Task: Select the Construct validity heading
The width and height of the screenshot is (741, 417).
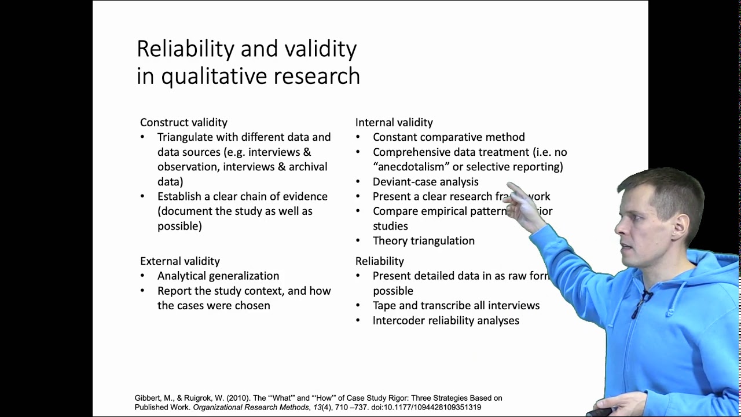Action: click(184, 122)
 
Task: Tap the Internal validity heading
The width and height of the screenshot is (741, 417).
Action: click(394, 122)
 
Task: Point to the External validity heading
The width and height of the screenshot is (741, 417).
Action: click(179, 261)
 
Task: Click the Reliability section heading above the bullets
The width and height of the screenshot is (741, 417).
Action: click(379, 261)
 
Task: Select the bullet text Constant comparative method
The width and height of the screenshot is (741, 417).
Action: click(449, 137)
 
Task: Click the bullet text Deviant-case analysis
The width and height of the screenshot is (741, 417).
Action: click(425, 182)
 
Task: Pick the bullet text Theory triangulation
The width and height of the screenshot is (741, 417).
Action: click(423, 241)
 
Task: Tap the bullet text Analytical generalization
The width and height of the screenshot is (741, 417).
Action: click(218, 276)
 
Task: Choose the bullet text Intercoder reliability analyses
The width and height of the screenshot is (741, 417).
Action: click(446, 320)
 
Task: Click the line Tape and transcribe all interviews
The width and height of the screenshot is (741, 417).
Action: click(456, 306)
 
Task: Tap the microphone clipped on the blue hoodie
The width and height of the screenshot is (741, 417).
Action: click(647, 297)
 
